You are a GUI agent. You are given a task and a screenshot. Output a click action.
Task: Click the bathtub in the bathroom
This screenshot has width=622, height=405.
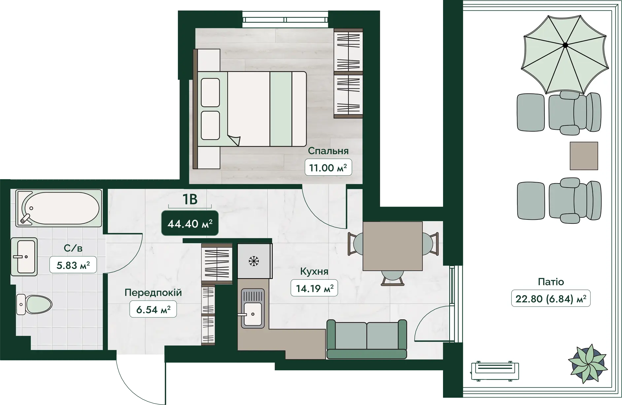tap(59, 208)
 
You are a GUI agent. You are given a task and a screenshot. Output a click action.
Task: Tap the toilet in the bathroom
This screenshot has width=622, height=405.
tap(34, 304)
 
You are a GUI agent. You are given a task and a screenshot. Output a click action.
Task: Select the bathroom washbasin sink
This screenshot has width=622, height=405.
tap(24, 256)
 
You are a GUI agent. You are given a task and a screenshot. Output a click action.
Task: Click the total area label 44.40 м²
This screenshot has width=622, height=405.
tap(190, 223)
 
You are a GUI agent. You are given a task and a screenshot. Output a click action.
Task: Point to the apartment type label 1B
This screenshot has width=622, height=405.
tap(190, 199)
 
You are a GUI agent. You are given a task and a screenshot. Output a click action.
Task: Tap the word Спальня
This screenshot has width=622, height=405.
tap(328, 151)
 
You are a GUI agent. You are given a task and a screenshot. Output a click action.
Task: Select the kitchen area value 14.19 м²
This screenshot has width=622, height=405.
tap(314, 288)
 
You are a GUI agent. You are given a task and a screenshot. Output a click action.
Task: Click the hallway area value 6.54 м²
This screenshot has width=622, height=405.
tap(153, 310)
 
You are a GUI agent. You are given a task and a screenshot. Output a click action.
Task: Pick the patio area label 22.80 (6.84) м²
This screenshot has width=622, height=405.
tap(551, 299)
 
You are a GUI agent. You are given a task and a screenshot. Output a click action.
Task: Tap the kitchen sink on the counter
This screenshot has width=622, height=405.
tap(253, 308)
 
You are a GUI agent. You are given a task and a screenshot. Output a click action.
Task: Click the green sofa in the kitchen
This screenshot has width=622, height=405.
tap(366, 339)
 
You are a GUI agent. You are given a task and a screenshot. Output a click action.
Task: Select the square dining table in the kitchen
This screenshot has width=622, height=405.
tap(393, 246)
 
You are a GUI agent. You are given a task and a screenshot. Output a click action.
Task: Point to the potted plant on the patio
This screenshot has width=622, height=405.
tap(587, 364)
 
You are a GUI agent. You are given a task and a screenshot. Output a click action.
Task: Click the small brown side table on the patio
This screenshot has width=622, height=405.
tap(584, 156)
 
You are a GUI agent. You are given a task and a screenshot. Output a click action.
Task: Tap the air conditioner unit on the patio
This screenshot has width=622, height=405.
tap(495, 371)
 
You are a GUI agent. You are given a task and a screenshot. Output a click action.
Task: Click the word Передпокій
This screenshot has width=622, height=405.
tap(153, 292)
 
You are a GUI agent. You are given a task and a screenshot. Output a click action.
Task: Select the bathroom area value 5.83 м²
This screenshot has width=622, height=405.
tap(73, 265)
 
